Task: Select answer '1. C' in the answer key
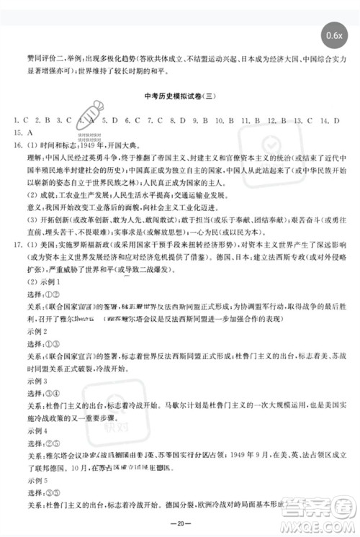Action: [x=20, y=119]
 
